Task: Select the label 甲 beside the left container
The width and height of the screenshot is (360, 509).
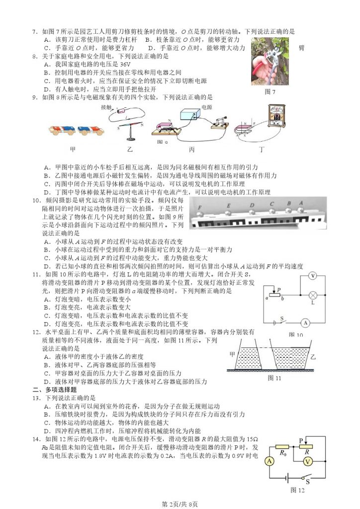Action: pyautogui.click(x=232, y=354)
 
